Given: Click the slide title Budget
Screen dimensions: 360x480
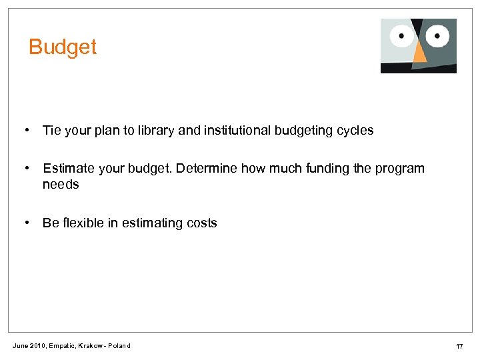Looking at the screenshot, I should click(x=63, y=47).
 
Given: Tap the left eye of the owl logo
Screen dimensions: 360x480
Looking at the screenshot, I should click(x=402, y=36).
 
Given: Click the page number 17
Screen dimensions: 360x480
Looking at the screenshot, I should click(x=459, y=346).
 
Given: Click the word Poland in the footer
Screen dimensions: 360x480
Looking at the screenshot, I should click(x=121, y=346).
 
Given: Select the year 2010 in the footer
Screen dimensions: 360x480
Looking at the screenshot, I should click(x=37, y=346).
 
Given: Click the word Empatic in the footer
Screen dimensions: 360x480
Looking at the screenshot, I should click(x=63, y=346).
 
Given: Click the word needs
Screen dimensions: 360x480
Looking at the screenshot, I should click(x=61, y=185).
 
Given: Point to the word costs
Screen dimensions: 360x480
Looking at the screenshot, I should click(x=201, y=223).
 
